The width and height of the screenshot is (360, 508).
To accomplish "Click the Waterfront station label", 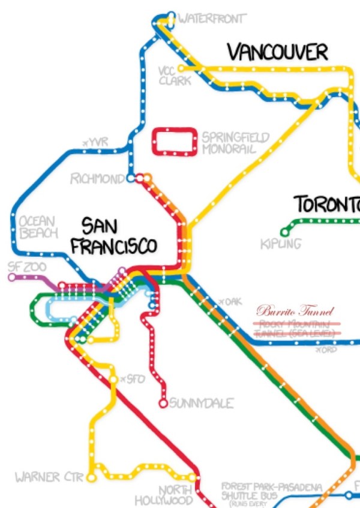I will pos(212,19).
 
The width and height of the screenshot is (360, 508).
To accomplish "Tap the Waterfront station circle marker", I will pos(171,16).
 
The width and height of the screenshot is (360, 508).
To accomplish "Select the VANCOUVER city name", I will pos(278,52).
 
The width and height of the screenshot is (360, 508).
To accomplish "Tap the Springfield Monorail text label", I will pos(235,143).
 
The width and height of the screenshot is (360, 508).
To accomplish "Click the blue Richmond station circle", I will pos(130,178).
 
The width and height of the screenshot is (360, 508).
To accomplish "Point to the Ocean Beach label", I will pos(38,227).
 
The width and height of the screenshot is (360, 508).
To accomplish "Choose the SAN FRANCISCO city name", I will pos(114,236).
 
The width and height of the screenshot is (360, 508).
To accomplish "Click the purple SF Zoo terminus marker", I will pos(11,277).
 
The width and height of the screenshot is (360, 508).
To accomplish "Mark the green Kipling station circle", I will pos(284,232).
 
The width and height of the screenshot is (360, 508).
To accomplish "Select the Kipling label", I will pos(281,245).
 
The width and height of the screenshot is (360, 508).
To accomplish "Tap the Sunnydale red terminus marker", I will pos(163,404).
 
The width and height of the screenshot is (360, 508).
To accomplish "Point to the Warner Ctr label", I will pos(46,478).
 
